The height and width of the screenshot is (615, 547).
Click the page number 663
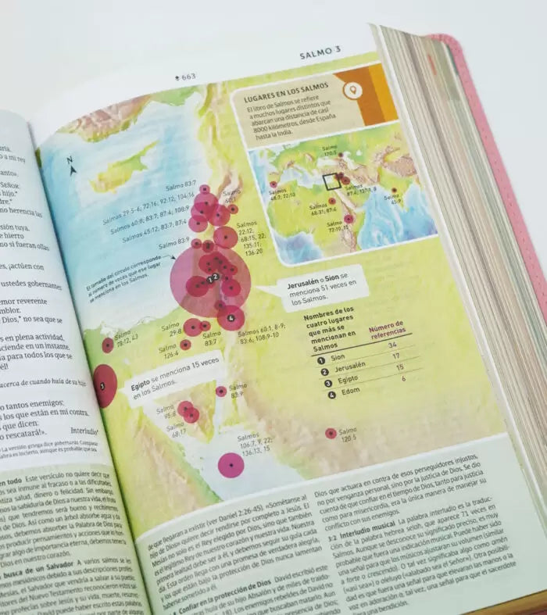tap(186, 77)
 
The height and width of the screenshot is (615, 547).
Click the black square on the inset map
tap(332, 181)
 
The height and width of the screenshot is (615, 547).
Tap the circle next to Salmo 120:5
tap(331, 433)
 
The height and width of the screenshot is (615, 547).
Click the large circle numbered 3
tap(104, 385)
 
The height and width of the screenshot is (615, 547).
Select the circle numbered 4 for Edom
tap(231, 317)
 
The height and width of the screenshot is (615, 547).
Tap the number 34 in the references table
tap(392, 345)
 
